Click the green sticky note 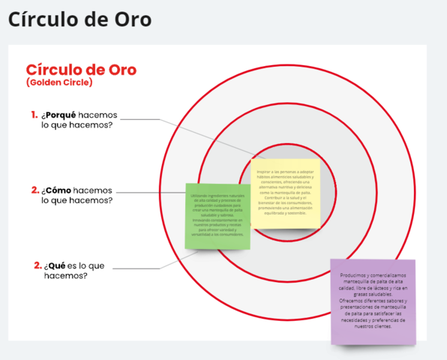pos(217,216)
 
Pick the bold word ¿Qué pos(58,265)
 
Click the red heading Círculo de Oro pos(81,70)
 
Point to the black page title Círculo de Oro pos(79,19)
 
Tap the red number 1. pos(34,115)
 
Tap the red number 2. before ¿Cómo pos(35,190)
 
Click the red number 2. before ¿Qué pos(38,265)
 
